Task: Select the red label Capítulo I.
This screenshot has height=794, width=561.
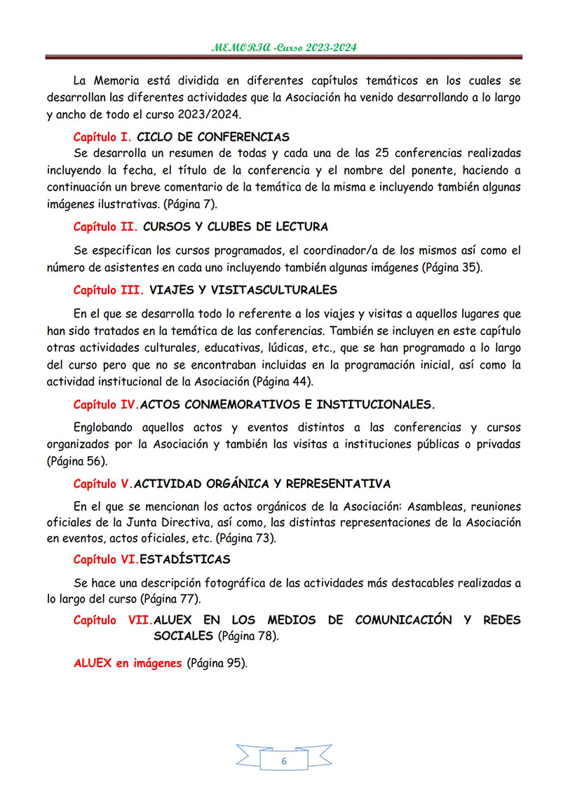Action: pos(102,137)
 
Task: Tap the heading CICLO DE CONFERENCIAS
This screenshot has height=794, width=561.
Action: pos(213,137)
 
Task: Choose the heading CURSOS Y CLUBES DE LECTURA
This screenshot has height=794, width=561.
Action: pos(236,227)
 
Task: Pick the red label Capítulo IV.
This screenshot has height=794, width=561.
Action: pos(106,405)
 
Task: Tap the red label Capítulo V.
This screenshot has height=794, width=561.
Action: pos(102,484)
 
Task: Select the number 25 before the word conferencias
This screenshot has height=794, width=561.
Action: pos(383,153)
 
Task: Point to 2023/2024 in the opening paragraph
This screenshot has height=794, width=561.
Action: pos(205,114)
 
